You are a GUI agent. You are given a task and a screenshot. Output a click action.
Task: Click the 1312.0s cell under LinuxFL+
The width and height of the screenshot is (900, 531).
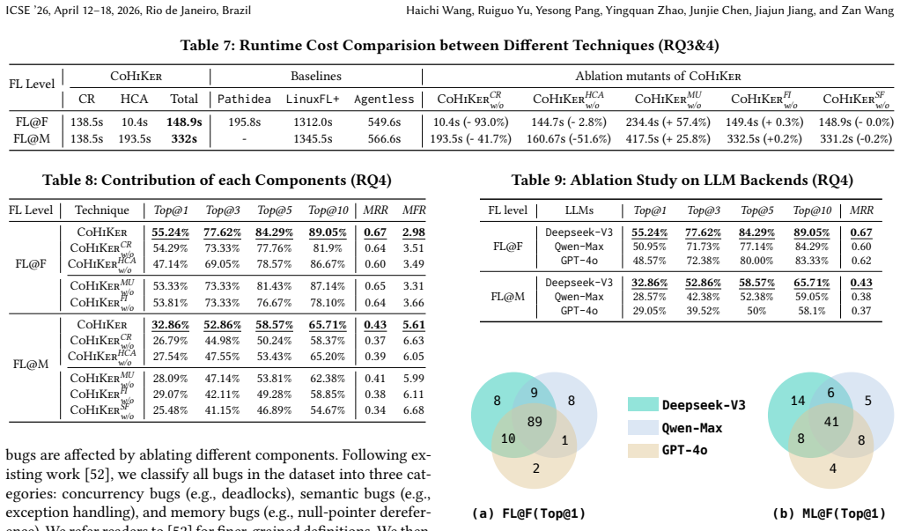point(313,122)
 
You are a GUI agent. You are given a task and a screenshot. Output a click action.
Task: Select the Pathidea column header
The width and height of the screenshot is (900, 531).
point(244,99)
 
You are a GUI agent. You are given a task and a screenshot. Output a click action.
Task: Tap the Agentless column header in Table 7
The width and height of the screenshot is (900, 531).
point(384,99)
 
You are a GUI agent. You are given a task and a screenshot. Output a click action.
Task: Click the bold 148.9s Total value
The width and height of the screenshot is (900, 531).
point(184,122)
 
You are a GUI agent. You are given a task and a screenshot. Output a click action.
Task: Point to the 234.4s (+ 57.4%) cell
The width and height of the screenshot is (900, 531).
point(668,122)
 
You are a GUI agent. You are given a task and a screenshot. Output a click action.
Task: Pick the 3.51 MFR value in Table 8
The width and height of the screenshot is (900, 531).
point(414,248)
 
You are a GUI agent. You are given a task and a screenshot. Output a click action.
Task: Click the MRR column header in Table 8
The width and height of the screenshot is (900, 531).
point(375,210)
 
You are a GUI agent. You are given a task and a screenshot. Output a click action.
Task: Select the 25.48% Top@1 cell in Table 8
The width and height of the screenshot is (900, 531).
point(171,409)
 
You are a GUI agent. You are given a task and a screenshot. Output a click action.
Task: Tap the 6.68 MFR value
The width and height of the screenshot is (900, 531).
point(414,409)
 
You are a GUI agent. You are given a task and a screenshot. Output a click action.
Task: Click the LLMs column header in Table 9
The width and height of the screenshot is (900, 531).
point(579,210)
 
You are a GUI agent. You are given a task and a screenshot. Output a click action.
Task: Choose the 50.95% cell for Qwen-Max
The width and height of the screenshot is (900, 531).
point(650,247)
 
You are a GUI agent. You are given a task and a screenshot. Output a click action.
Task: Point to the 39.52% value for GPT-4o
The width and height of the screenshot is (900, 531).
point(704,311)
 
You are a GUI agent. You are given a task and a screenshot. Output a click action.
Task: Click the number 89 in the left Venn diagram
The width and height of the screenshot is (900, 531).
point(535,421)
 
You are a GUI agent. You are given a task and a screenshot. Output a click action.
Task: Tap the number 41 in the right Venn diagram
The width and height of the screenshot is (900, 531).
point(831,421)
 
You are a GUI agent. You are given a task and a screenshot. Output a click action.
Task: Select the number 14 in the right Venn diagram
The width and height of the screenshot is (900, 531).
point(798,400)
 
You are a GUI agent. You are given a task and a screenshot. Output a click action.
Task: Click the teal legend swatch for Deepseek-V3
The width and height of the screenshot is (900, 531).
point(643,404)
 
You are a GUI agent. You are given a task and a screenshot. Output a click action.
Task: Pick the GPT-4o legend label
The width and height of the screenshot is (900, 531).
point(685,450)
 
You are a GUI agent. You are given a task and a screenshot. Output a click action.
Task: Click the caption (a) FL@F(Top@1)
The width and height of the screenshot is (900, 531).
point(528,513)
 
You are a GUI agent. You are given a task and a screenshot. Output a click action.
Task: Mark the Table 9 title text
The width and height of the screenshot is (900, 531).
point(682,181)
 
